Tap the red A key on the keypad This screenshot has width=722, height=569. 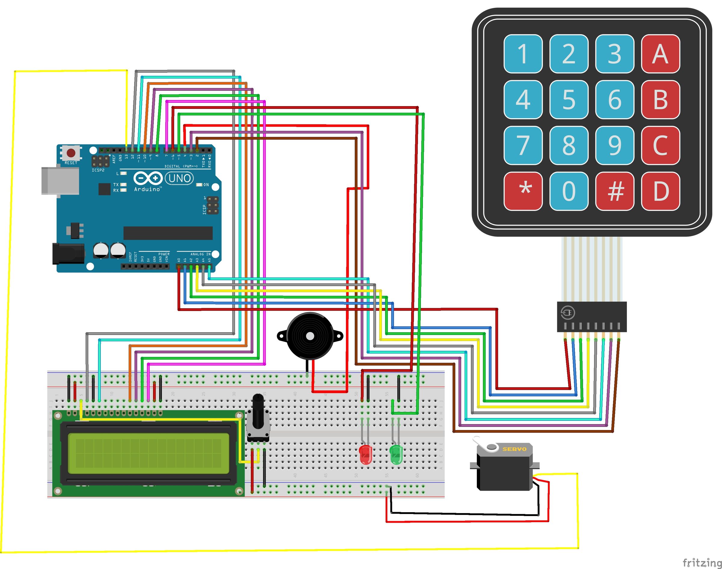tap(660, 54)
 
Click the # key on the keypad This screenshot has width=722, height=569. tap(614, 191)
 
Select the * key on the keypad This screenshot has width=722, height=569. tap(523, 191)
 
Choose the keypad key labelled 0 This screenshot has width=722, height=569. tap(569, 191)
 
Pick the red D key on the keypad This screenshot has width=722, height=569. tap(660, 191)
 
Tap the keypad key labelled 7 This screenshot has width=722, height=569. tap(523, 145)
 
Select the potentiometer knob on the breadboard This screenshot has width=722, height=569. tap(258, 411)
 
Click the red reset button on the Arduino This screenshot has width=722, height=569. tap(71, 153)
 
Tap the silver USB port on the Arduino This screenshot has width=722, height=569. tap(60, 180)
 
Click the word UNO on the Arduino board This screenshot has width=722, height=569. tap(180, 178)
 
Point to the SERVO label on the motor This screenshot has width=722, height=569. tap(514, 449)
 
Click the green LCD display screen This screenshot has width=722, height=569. tap(149, 454)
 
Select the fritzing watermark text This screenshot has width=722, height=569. tap(702, 563)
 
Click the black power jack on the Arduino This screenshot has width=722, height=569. tap(68, 254)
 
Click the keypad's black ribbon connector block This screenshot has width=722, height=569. tap(592, 316)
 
